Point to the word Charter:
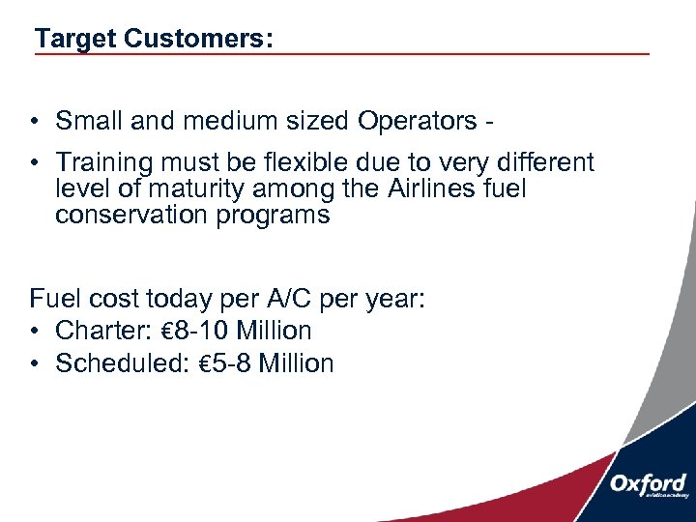pos(101,331)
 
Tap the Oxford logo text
pos(648,482)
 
